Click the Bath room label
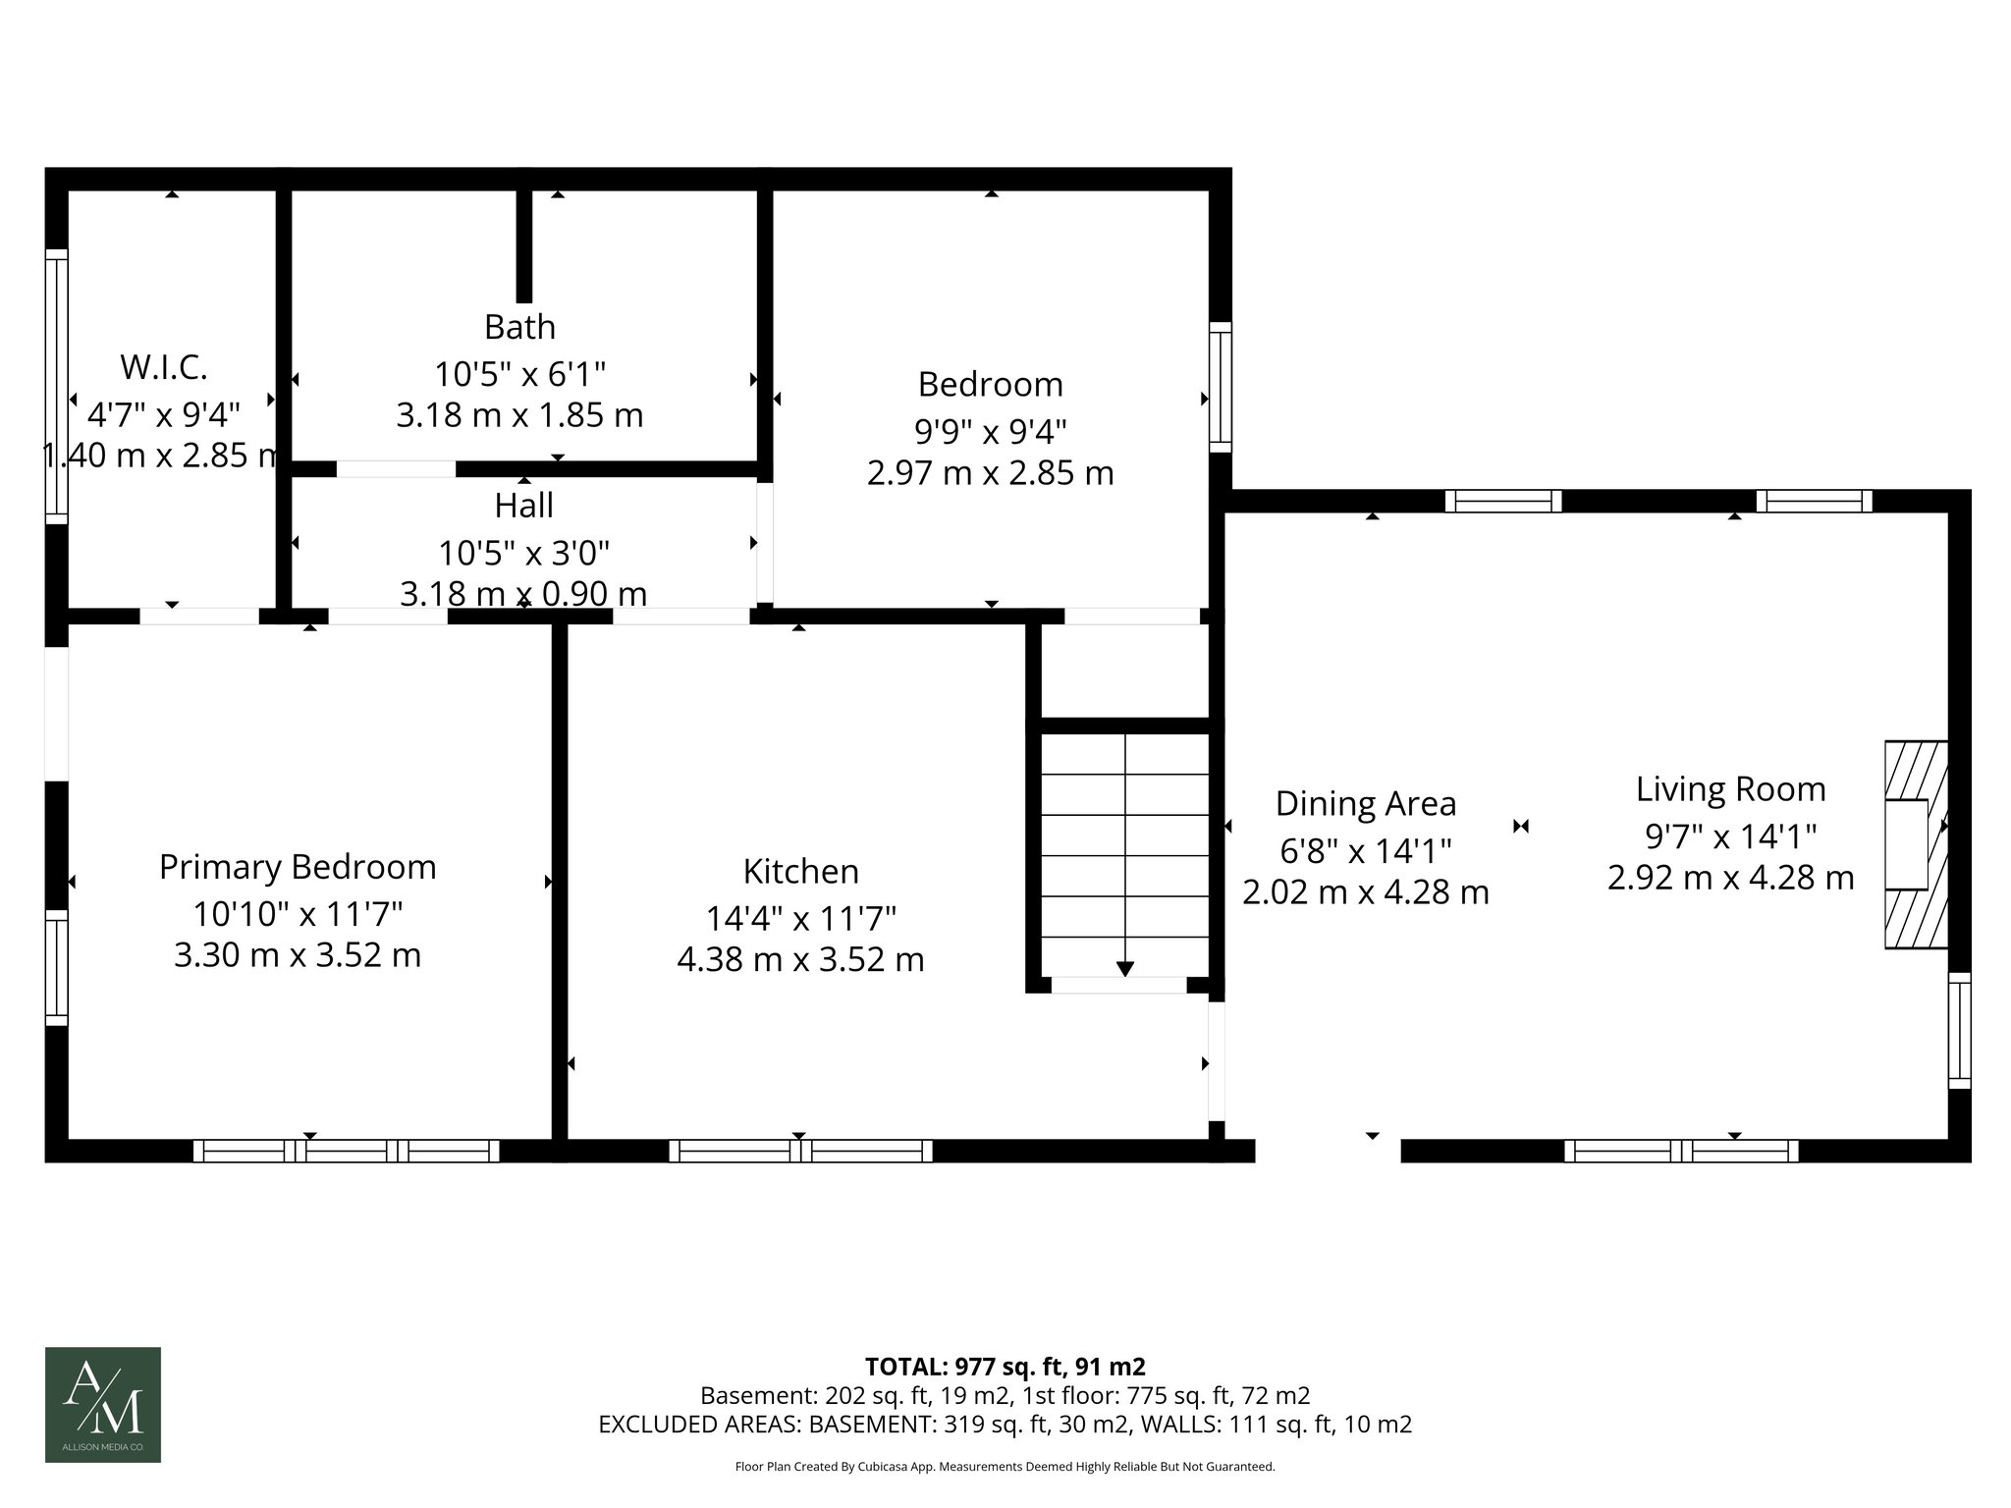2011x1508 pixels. [519, 327]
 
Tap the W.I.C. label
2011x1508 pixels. [164, 367]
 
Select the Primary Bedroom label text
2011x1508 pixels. [298, 867]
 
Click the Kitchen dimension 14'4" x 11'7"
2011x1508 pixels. [800, 918]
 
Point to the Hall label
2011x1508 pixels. [523, 506]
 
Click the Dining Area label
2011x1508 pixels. [1365, 803]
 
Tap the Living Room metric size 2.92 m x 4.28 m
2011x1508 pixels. [1730, 877]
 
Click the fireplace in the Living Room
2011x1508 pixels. [1914, 844]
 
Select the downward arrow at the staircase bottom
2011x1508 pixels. [1125, 968]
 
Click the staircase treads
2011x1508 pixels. [1125, 854]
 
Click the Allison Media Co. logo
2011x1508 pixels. [103, 1404]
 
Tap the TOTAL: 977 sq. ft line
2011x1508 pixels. [1005, 1366]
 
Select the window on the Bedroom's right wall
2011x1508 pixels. [1220, 387]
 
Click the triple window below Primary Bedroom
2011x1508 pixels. [346, 1151]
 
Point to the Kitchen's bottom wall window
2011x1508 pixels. [800, 1151]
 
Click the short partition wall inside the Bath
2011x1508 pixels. [524, 245]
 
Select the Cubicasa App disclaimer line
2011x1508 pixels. [1005, 1467]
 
